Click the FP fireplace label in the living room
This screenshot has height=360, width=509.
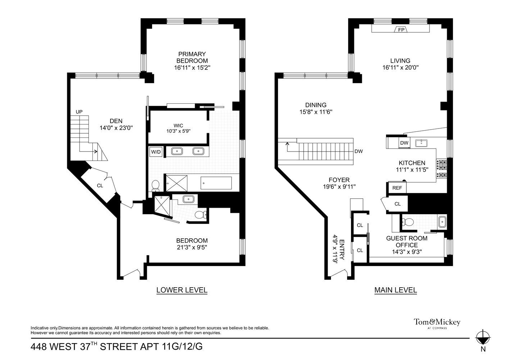(x=401, y=30)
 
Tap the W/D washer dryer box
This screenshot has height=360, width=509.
(x=156, y=152)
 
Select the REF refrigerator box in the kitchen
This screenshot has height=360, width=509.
(x=397, y=188)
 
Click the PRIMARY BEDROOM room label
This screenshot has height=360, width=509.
(x=192, y=58)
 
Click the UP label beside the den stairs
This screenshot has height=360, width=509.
(x=79, y=112)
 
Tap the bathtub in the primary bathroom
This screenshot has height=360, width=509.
(x=216, y=183)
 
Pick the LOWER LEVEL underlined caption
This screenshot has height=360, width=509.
(x=182, y=290)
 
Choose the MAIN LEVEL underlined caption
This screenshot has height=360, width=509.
(x=395, y=290)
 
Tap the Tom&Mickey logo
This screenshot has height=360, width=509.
(x=437, y=323)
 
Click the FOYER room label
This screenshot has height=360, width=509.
(x=339, y=180)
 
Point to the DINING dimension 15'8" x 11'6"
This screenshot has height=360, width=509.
(x=316, y=112)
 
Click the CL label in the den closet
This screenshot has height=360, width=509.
(x=100, y=186)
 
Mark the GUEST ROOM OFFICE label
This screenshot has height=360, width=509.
(x=407, y=242)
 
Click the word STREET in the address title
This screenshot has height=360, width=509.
(x=118, y=347)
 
